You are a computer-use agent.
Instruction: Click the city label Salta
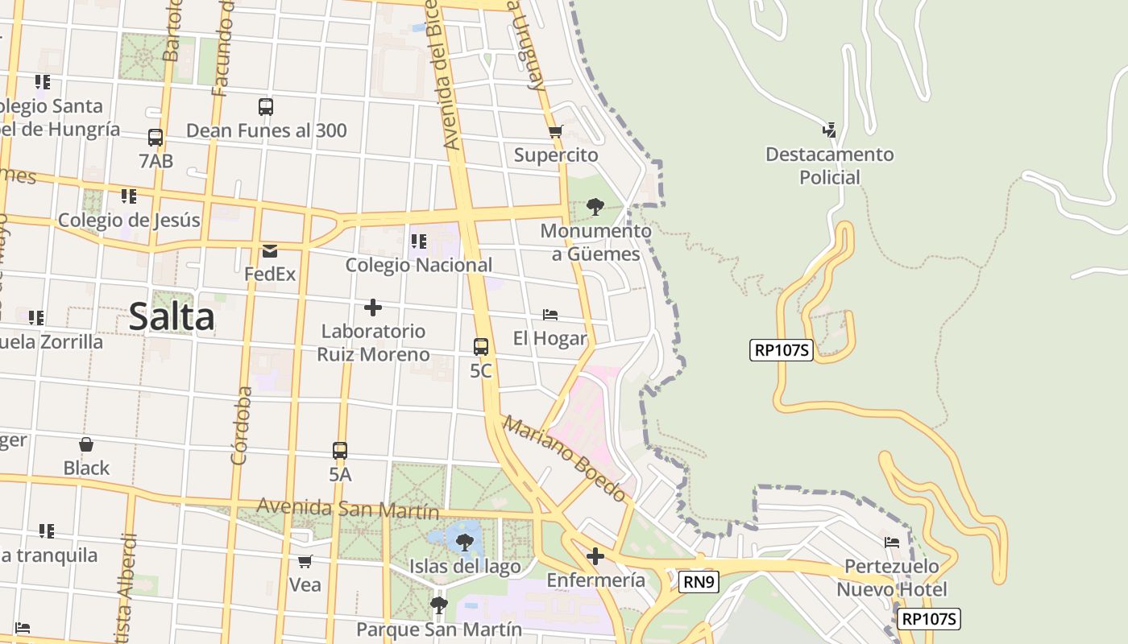point(172,317)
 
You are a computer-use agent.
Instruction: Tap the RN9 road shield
point(698,582)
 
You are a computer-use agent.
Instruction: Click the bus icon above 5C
point(480,347)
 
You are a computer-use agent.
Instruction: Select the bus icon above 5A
point(340,451)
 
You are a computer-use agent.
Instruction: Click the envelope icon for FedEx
point(270,251)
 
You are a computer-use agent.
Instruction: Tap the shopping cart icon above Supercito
point(555,132)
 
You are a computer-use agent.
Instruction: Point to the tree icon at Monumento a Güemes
point(595,207)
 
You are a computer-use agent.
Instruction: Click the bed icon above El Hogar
point(550,315)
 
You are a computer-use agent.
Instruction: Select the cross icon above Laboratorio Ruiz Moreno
point(373,308)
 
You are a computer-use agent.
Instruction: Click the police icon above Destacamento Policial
point(829,130)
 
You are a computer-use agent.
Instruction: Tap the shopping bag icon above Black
point(86,444)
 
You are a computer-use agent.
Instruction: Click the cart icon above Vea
point(305,561)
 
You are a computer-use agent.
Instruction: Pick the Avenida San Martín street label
point(348,509)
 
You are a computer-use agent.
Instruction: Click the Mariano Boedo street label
point(565,458)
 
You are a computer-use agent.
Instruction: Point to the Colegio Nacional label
point(418,265)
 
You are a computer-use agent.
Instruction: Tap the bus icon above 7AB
point(156,138)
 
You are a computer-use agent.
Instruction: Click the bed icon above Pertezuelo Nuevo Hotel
point(892,543)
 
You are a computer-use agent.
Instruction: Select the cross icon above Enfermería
point(595,556)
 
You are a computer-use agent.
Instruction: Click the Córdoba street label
point(240,426)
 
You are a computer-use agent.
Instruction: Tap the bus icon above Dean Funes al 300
point(266,106)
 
